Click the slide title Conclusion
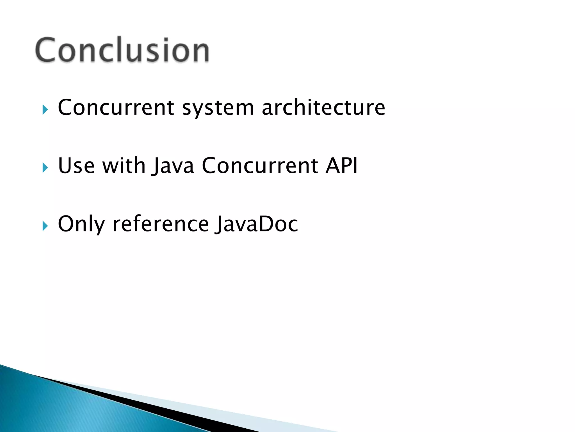[122, 50]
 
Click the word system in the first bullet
[218, 108]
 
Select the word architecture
[323, 107]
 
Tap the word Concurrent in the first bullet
[116, 107]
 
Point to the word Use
[76, 166]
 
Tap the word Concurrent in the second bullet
[260, 166]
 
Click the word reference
[161, 224]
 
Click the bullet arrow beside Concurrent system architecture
[45, 109]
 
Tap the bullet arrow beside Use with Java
[45, 168]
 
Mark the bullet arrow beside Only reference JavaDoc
[45, 226]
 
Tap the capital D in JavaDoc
[266, 224]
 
